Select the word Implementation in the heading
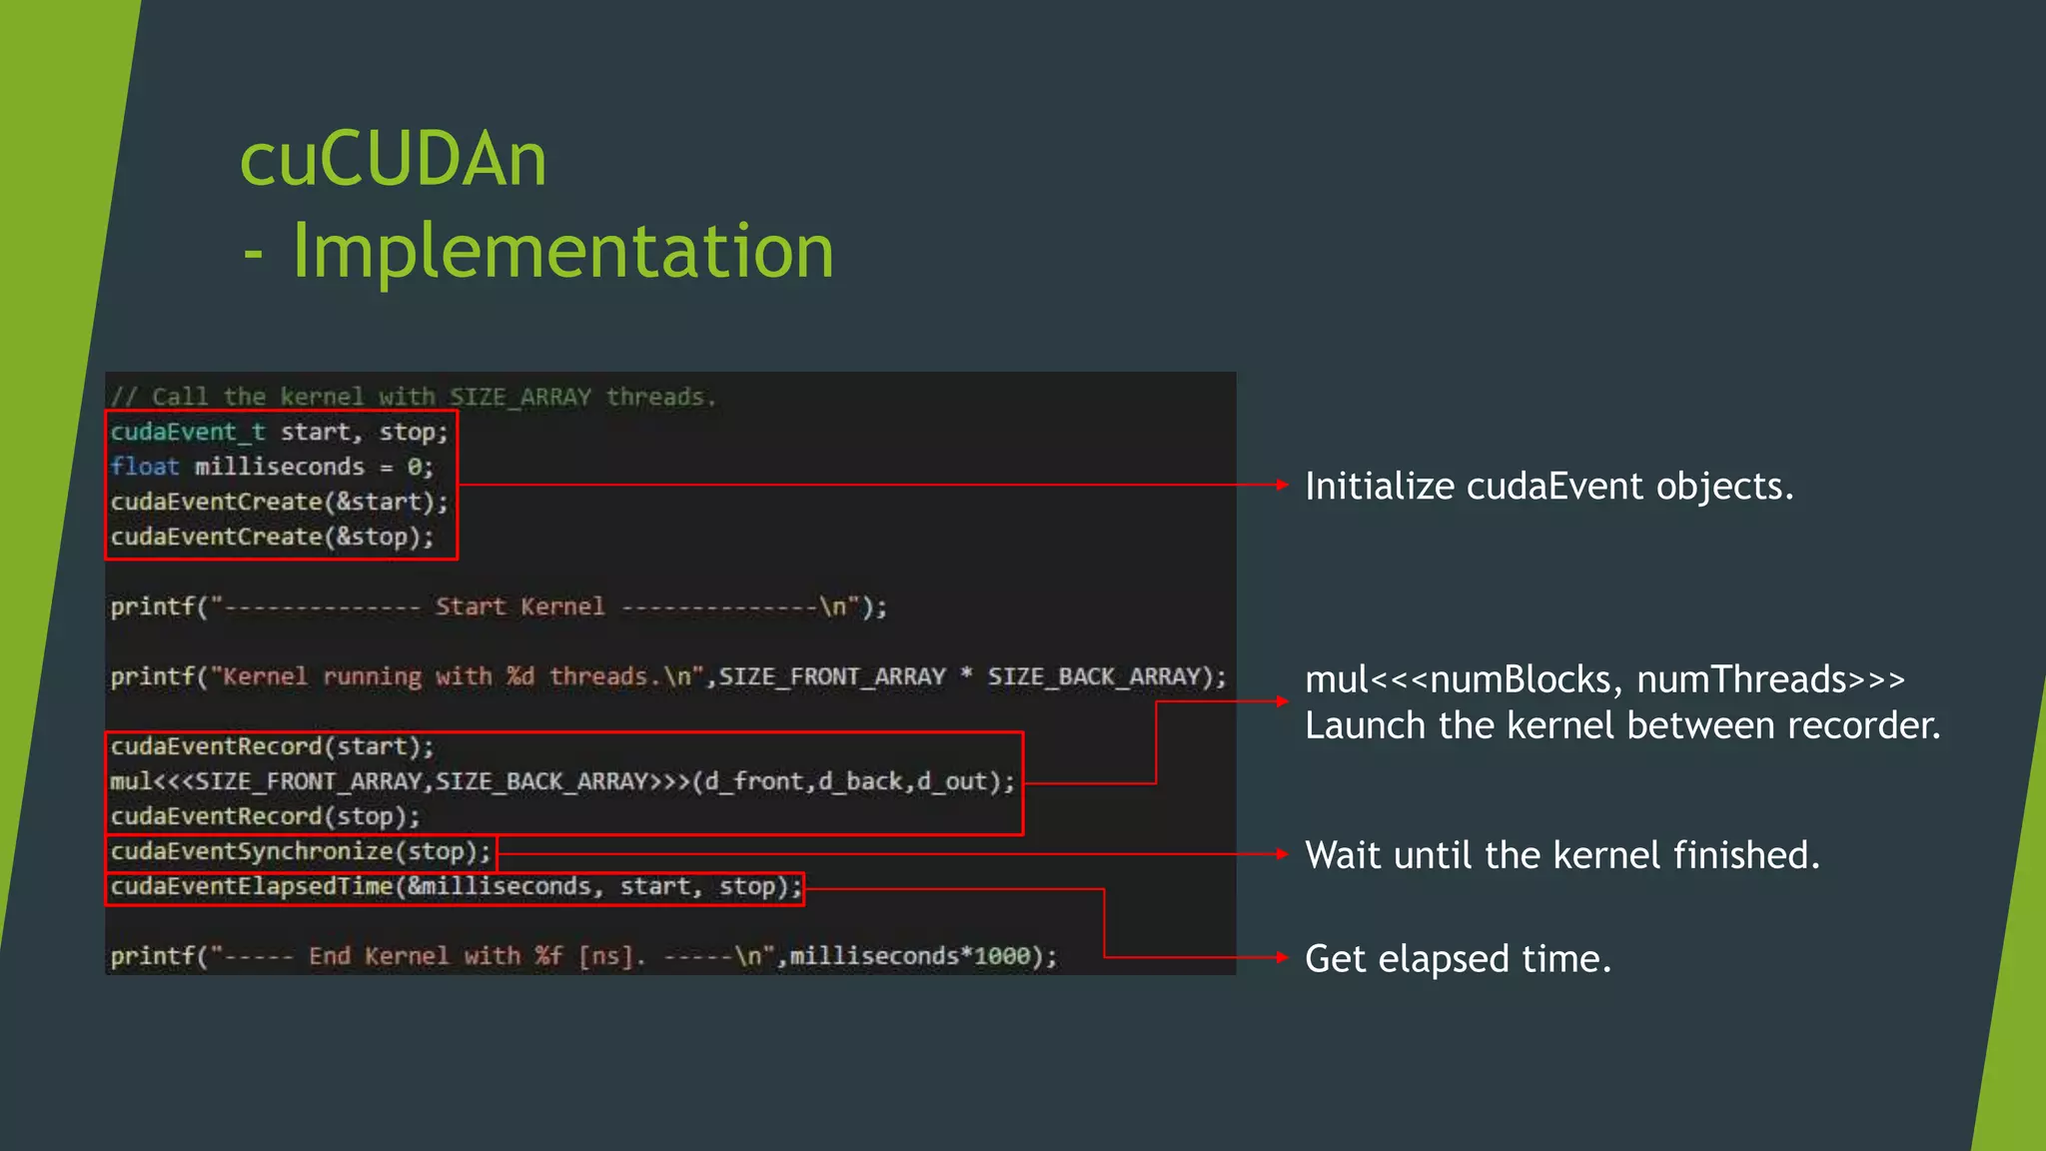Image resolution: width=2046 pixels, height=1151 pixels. (x=562, y=250)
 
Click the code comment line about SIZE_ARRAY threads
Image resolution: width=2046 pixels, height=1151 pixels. (x=414, y=397)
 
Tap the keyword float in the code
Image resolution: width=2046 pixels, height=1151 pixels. (x=145, y=467)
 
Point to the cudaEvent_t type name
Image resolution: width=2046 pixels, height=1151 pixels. (x=188, y=432)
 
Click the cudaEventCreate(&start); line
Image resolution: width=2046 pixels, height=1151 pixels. (x=279, y=502)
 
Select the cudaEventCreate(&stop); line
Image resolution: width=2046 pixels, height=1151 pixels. (x=272, y=537)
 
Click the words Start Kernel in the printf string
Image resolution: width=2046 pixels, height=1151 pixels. (x=519, y=606)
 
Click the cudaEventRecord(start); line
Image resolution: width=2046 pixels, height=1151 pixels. (x=272, y=746)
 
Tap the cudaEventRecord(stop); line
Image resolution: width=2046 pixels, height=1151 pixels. (x=265, y=816)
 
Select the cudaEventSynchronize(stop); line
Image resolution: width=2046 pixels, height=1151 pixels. (x=301, y=851)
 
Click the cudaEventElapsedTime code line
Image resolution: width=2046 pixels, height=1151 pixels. (x=456, y=886)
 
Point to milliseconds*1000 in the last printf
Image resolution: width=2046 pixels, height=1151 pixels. (x=909, y=956)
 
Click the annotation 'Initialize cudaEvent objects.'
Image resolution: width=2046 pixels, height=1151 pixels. (x=1548, y=487)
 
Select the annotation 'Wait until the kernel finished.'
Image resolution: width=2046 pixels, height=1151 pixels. (x=1561, y=855)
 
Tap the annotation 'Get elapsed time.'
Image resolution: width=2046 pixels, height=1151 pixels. (x=1458, y=959)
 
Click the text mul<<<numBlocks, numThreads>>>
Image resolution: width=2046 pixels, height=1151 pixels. (x=1604, y=679)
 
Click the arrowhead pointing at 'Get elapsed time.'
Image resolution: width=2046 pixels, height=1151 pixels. (x=1282, y=957)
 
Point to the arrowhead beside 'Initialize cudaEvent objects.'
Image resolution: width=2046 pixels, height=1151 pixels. (x=1282, y=485)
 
